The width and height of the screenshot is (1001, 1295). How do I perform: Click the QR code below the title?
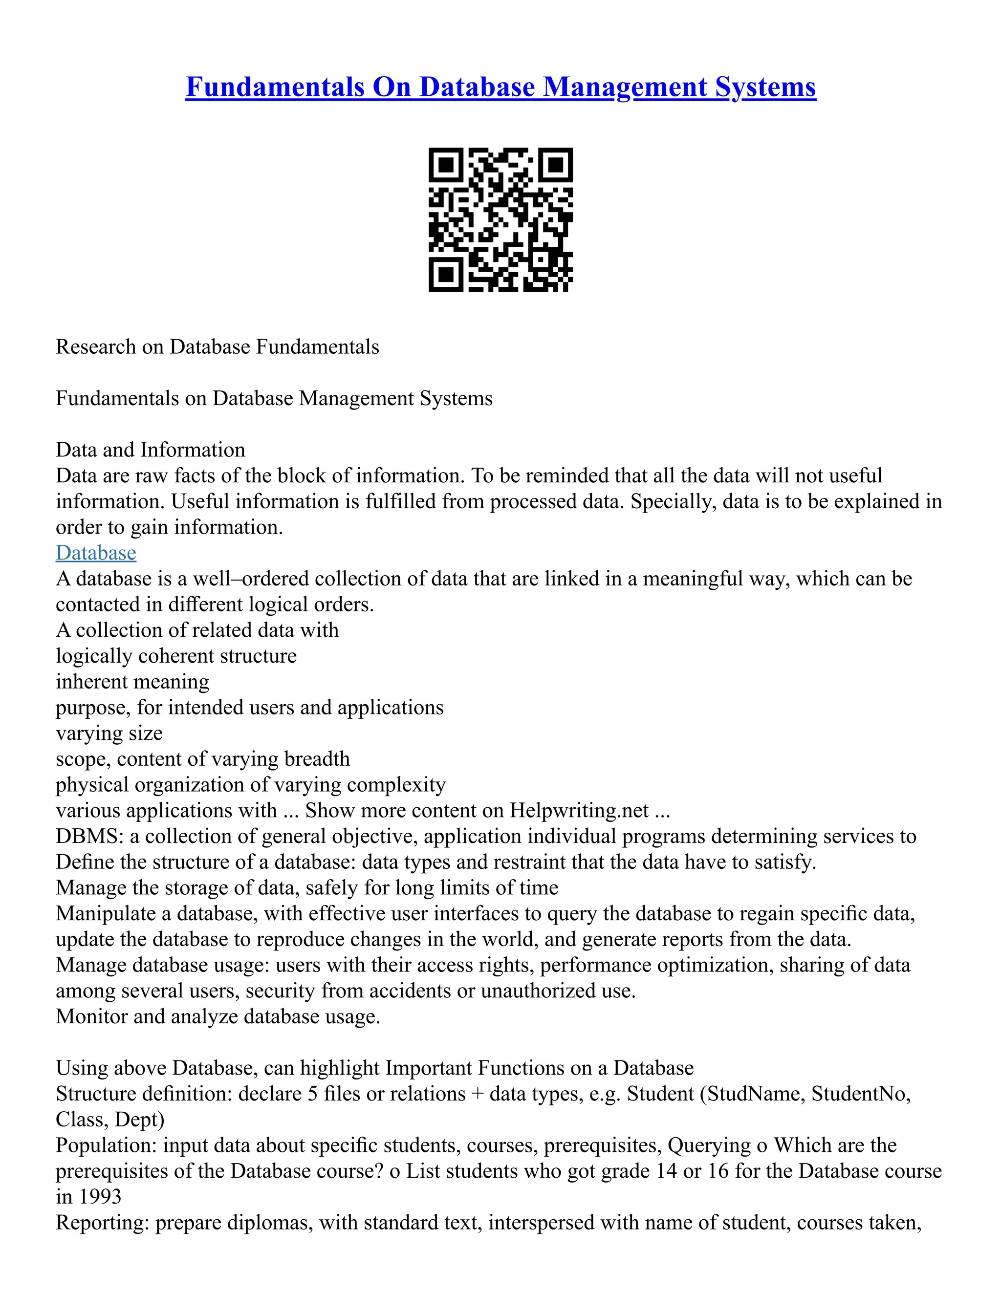500,219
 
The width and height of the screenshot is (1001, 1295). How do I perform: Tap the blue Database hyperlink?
96,553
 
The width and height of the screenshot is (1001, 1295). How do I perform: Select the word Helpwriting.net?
579,810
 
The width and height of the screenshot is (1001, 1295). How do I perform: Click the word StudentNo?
860,1093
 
